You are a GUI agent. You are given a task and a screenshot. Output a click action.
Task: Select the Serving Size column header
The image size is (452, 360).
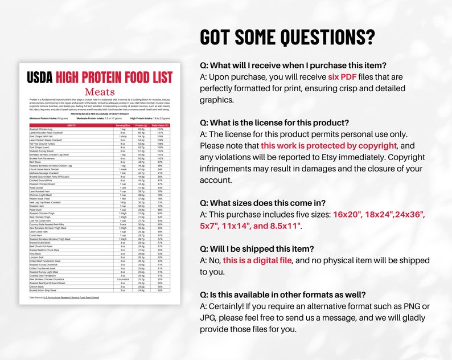click(x=123, y=125)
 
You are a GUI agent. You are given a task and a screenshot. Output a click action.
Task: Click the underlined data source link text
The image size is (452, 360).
click(x=76, y=297)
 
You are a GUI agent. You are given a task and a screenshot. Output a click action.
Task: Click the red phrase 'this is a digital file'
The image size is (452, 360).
click(x=257, y=260)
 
